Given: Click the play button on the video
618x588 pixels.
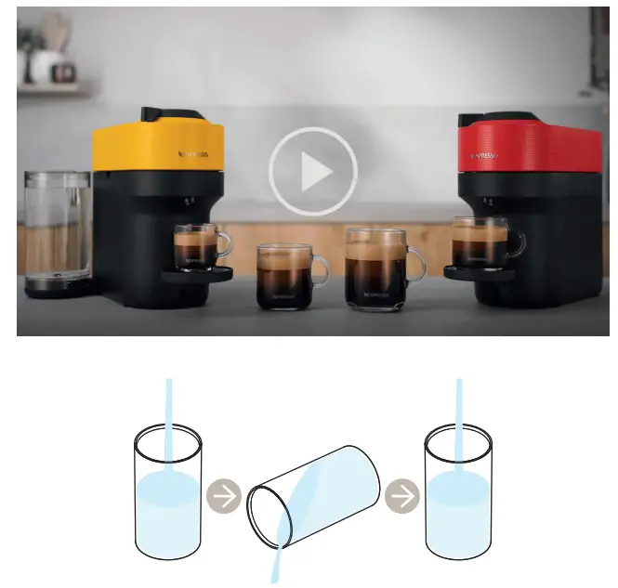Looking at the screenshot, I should point(313,172).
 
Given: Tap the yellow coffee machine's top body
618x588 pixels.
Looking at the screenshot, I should point(157,145).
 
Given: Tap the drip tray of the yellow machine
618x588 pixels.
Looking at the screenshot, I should point(197,273).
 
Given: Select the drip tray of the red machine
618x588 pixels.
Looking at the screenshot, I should point(480,272).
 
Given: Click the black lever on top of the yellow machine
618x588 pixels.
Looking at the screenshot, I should point(172,113).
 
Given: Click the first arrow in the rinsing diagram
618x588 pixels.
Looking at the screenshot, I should point(223,497).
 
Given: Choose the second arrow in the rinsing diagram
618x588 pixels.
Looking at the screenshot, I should point(402,497).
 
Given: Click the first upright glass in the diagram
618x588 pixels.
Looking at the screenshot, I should point(168,490).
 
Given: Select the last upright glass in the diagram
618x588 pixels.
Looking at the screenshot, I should point(457,490).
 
